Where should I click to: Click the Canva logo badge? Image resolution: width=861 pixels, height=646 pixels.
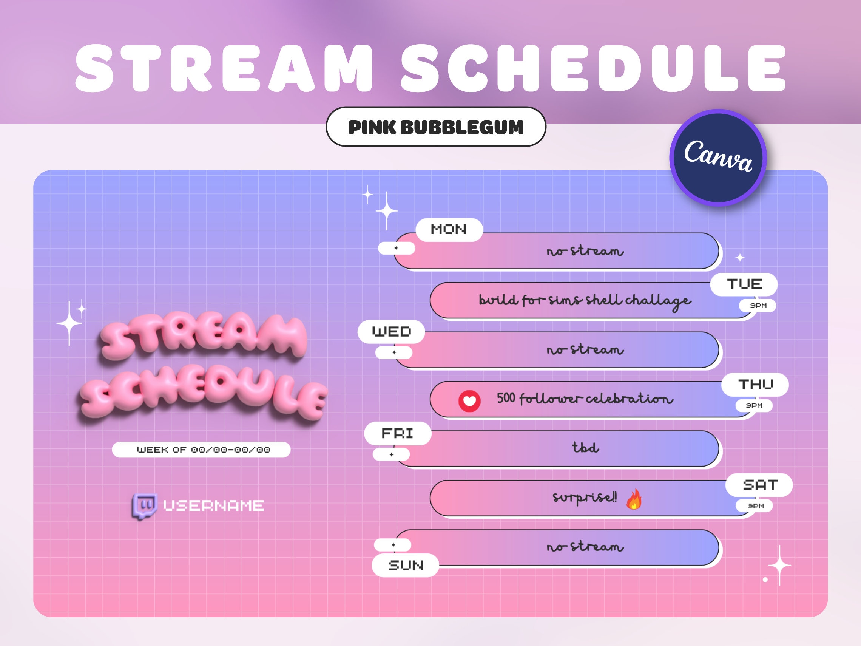718,158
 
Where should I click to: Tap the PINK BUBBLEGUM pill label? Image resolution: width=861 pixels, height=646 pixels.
436,127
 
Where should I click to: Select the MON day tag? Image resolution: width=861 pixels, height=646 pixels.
449,230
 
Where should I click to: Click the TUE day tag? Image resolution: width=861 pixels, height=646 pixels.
744,284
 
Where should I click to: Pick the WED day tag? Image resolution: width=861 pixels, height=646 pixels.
391,332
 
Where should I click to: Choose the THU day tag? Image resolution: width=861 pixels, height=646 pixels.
755,385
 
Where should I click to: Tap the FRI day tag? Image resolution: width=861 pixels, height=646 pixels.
397,433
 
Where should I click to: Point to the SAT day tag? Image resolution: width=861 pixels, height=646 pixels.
759,485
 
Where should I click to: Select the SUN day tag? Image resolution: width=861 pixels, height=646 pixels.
405,565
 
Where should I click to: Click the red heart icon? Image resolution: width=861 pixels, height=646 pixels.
469,401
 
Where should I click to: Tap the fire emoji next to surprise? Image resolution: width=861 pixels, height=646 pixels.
634,499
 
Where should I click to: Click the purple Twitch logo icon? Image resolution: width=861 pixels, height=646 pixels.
144,506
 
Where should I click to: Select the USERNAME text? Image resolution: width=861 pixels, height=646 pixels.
213,506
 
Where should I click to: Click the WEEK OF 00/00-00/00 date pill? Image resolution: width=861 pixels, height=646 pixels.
201,450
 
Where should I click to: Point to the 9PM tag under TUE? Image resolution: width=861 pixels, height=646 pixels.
758,306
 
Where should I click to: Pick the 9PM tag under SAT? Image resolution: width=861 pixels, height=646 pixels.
755,506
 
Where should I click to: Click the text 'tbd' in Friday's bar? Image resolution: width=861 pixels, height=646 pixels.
585,447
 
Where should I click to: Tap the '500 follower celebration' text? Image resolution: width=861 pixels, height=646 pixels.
585,398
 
